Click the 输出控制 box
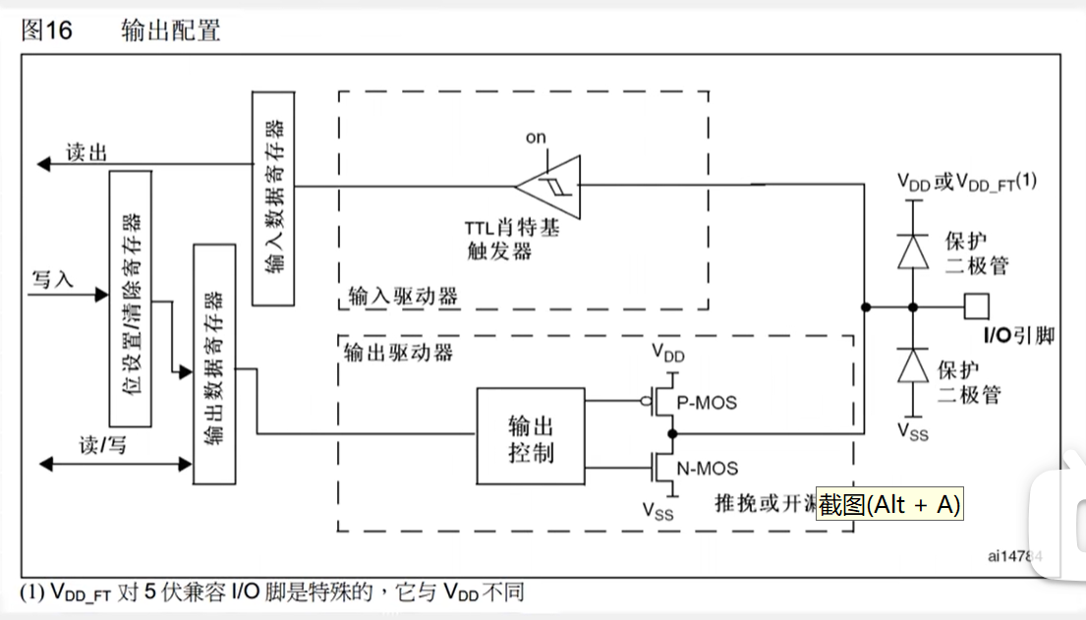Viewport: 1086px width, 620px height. point(530,438)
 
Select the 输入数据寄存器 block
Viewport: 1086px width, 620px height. point(273,197)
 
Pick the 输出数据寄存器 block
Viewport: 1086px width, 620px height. point(214,364)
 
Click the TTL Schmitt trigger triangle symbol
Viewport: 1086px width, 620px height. point(549,184)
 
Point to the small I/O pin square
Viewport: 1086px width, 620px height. point(975,307)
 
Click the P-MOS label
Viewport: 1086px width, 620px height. point(708,403)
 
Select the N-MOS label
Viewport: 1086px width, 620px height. point(709,469)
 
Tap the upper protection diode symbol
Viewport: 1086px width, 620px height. point(913,253)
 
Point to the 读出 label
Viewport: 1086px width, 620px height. point(86,152)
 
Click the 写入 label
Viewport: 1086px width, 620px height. point(53,279)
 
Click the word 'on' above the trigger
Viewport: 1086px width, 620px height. point(536,138)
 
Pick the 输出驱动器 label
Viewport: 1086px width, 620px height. point(399,352)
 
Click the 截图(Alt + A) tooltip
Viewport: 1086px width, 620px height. point(889,504)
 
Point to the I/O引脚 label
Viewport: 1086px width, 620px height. point(1019,336)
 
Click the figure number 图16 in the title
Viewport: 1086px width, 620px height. point(46,30)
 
